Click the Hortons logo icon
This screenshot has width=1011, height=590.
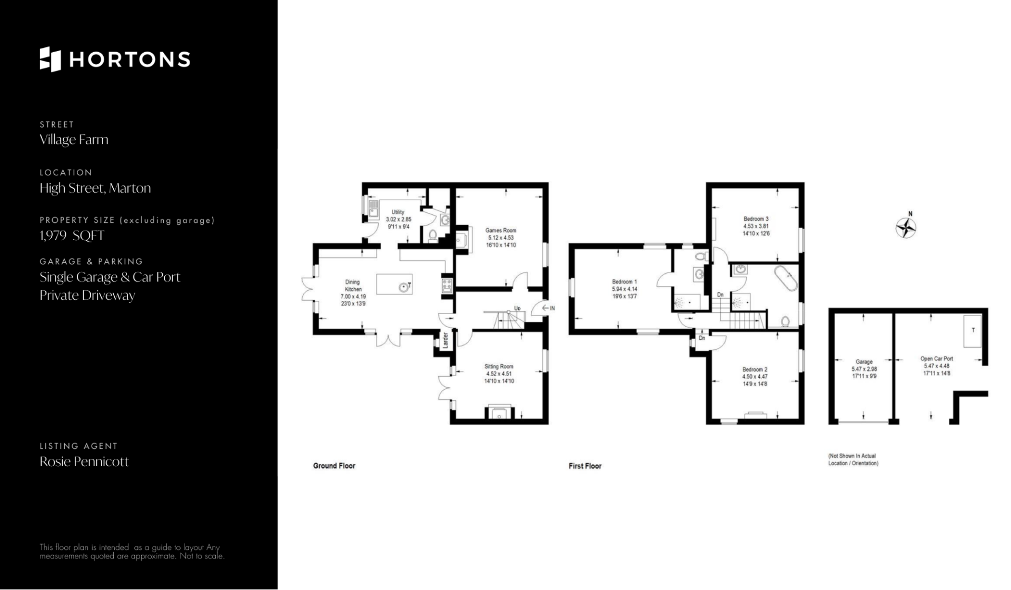(51, 59)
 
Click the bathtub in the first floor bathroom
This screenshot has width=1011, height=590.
(786, 279)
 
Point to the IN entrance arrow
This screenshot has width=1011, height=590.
(548, 308)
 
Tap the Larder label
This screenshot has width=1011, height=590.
(445, 340)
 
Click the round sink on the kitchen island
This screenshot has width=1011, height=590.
(403, 287)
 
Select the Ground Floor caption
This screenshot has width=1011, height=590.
(334, 466)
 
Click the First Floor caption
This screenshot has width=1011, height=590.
(585, 466)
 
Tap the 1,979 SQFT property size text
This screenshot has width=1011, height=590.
(72, 235)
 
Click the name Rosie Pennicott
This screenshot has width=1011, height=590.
(84, 462)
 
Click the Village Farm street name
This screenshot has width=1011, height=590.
(74, 140)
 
